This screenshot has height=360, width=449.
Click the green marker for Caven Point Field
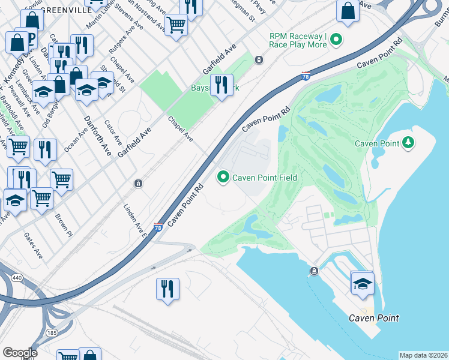tap(224, 177)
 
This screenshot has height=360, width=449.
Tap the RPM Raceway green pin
tap(336, 41)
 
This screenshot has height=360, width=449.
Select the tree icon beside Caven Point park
tap(408, 142)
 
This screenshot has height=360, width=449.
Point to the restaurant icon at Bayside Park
tap(222, 85)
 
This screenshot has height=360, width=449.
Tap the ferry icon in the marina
tap(314, 271)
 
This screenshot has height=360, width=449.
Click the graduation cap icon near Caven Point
tap(363, 283)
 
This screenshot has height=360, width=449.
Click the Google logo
tap(19, 353)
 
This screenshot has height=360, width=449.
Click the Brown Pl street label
tap(63, 224)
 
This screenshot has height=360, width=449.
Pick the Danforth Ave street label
tap(97, 135)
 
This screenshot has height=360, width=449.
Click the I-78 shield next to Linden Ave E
tap(157, 227)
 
